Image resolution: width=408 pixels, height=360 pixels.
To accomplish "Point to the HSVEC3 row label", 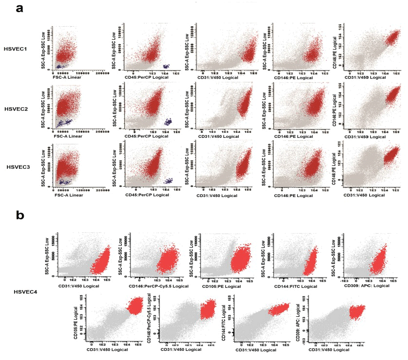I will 19,167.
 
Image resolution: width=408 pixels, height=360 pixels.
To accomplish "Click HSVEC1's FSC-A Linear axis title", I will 67,77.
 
